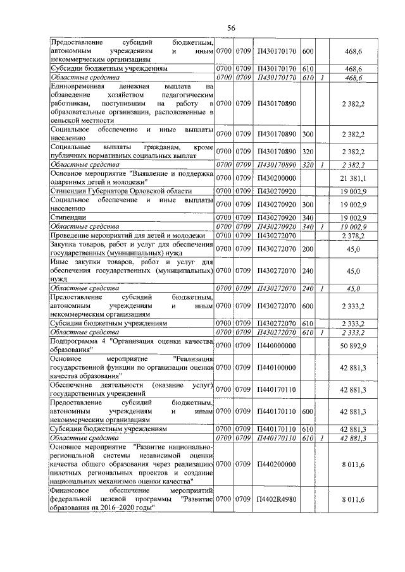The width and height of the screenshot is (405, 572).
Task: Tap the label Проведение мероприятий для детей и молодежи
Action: pyautogui.click(x=129, y=235)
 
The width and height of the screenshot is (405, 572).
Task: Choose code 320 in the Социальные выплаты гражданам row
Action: pyautogui.click(x=308, y=152)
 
